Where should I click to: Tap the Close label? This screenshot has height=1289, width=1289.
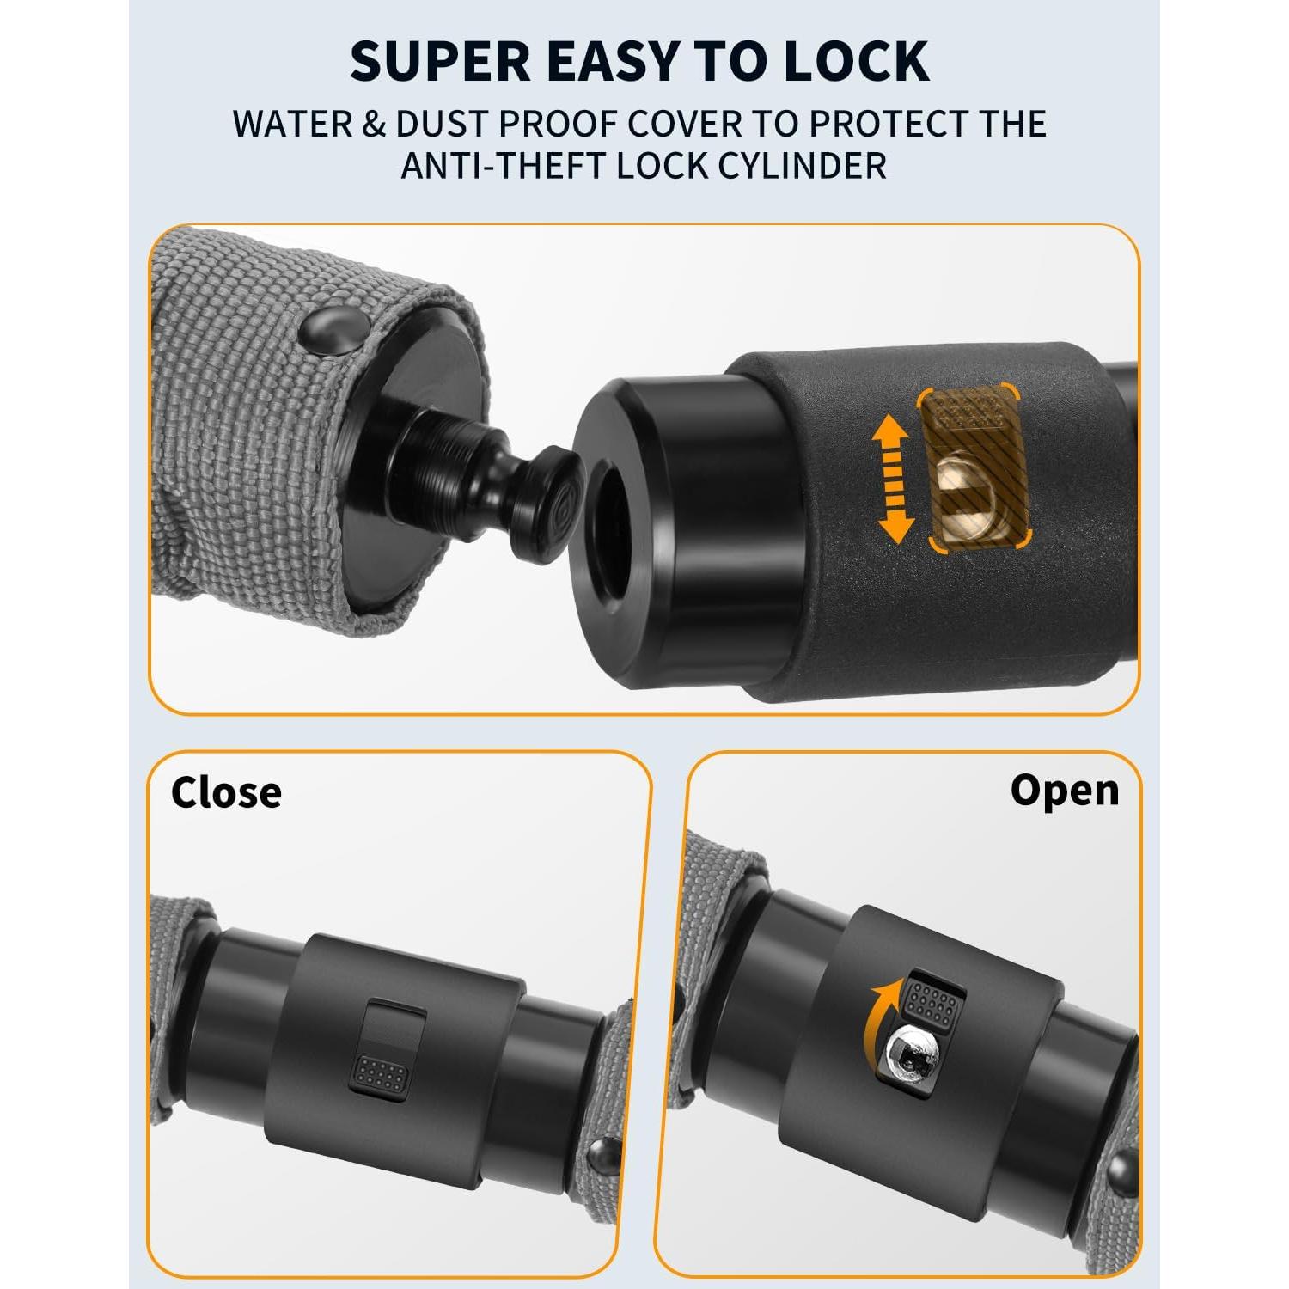226,792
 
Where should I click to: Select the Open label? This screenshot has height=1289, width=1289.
1065,791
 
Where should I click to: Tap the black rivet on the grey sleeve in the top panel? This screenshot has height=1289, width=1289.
332,331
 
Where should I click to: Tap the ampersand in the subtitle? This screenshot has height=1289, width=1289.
374,125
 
